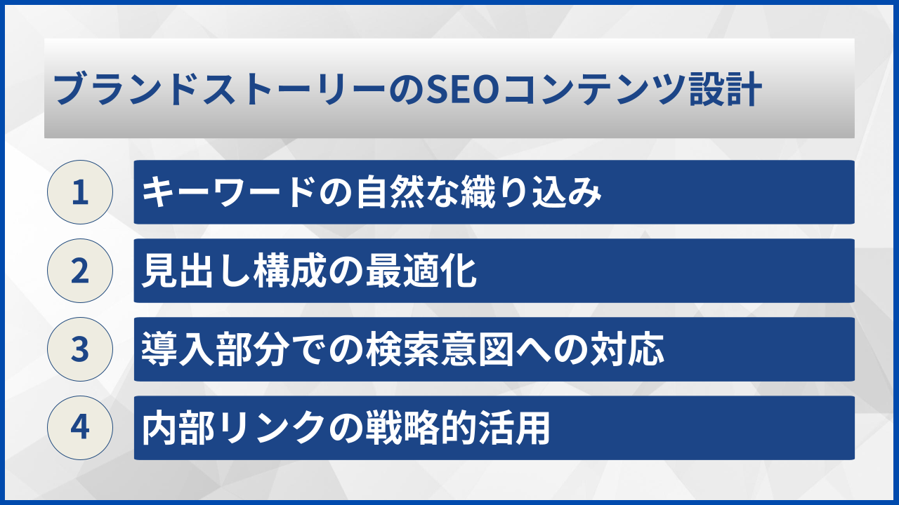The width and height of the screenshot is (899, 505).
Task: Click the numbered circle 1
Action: click(x=80, y=192)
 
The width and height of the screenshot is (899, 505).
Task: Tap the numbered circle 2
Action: click(x=80, y=271)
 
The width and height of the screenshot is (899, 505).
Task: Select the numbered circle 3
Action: click(x=80, y=349)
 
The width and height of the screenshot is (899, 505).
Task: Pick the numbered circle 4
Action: click(x=80, y=428)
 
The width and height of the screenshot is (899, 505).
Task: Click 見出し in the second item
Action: click(x=183, y=271)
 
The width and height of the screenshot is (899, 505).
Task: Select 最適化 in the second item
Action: click(x=422, y=271)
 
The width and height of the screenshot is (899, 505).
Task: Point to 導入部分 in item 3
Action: click(x=225, y=350)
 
